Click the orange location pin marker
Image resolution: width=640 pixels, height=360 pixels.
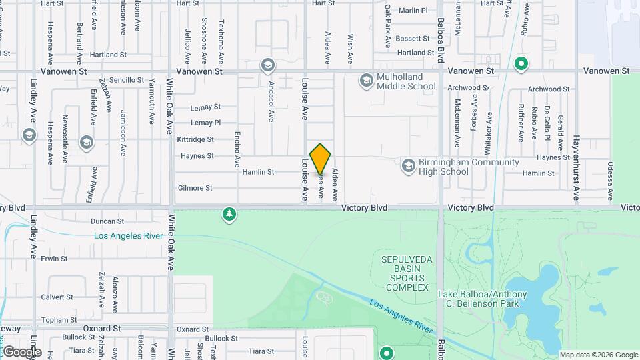pyautogui.click(x=321, y=158)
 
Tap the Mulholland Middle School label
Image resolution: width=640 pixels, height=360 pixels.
pyautogui.click(x=406, y=81)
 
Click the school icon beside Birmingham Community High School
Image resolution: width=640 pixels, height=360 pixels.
pyautogui.click(x=408, y=165)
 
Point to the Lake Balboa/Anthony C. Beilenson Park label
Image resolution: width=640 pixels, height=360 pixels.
pyautogui.click(x=483, y=299)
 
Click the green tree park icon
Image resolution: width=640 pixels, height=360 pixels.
pyautogui.click(x=229, y=214)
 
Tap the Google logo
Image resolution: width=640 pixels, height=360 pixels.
pyautogui.click(x=22, y=352)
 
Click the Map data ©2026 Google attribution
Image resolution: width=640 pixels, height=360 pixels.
pyautogui.click(x=599, y=355)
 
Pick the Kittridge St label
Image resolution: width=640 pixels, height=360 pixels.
pyautogui.click(x=195, y=140)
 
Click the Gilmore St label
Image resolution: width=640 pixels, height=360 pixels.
pyautogui.click(x=195, y=188)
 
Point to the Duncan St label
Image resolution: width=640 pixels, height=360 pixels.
pyautogui.click(x=107, y=221)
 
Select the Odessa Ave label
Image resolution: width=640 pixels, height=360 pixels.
pyautogui.click(x=610, y=180)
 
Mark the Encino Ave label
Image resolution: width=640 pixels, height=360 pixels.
pyautogui.click(x=237, y=149)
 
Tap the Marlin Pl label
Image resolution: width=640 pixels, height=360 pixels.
pyautogui.click(x=413, y=11)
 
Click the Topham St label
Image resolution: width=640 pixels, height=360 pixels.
pyautogui.click(x=57, y=320)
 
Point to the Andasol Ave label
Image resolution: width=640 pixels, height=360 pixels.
pyautogui.click(x=271, y=102)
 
